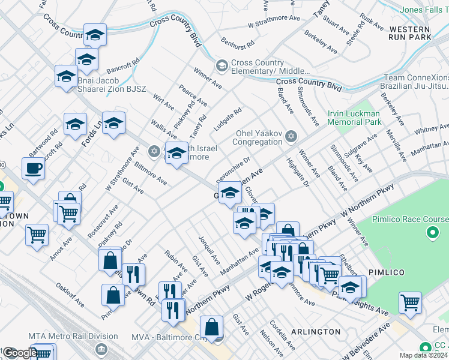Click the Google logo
[20, 353]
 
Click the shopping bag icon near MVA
[212, 328]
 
